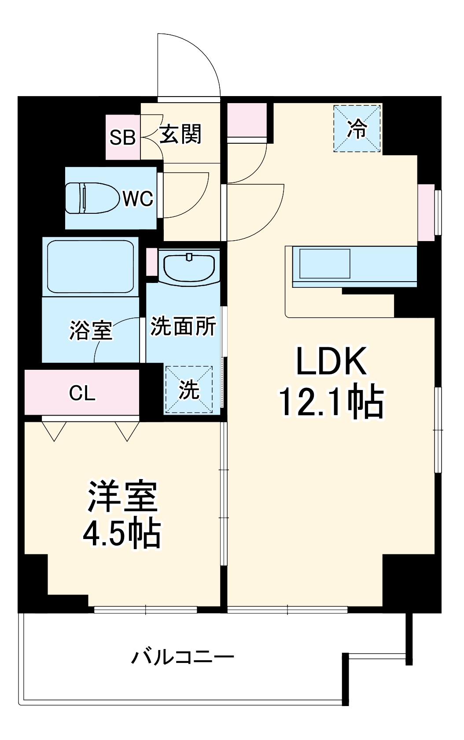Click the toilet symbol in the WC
(x=92, y=198)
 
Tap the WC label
(x=138, y=199)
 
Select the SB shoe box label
(x=122, y=138)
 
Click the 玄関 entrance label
(x=180, y=134)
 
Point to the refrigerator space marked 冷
(x=357, y=129)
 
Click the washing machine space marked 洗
(x=189, y=390)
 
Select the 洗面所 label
(x=183, y=327)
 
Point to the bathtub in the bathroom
(x=90, y=265)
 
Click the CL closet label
(x=82, y=393)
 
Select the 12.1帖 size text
(x=331, y=403)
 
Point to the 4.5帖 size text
(x=122, y=533)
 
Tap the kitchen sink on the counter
(x=325, y=264)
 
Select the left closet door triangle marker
(x=55, y=431)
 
